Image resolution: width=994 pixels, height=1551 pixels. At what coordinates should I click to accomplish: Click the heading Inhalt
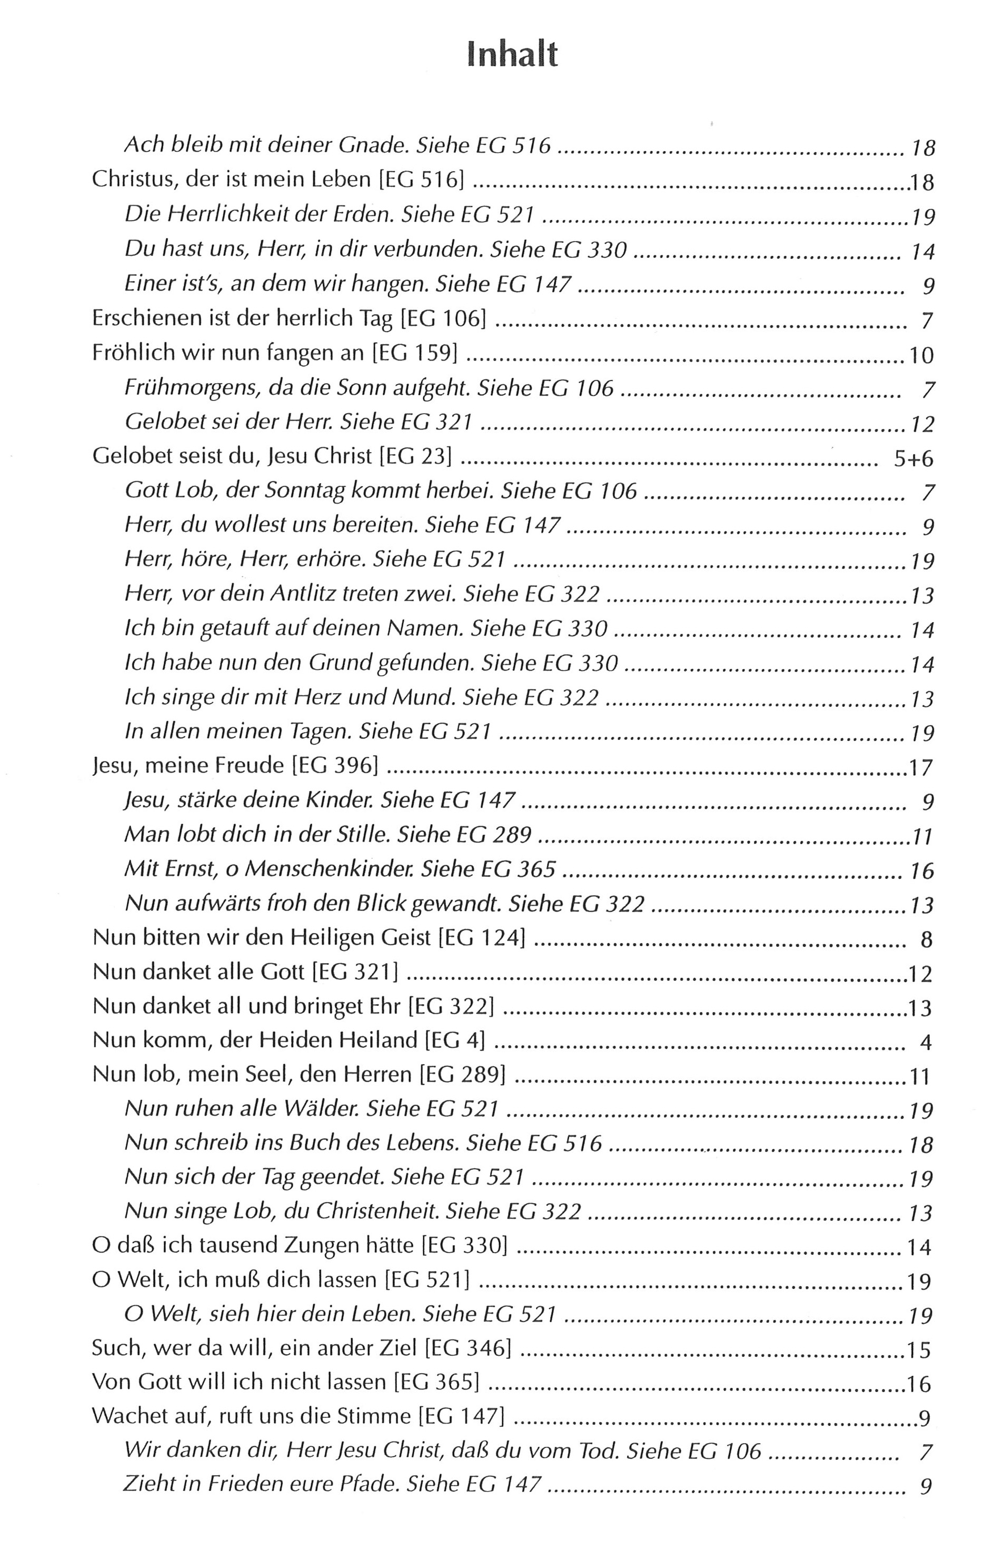point(512,55)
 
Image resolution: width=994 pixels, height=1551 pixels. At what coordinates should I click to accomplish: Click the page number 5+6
point(914,459)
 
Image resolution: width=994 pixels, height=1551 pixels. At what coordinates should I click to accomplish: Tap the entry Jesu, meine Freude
point(188,766)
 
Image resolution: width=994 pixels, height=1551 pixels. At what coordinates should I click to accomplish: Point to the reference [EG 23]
point(415,457)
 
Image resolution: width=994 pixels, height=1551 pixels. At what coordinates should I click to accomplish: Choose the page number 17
point(921,768)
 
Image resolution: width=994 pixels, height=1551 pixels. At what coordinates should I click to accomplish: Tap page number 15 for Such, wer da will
point(919,1350)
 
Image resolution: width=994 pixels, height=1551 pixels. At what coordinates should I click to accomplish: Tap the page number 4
point(927,1043)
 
